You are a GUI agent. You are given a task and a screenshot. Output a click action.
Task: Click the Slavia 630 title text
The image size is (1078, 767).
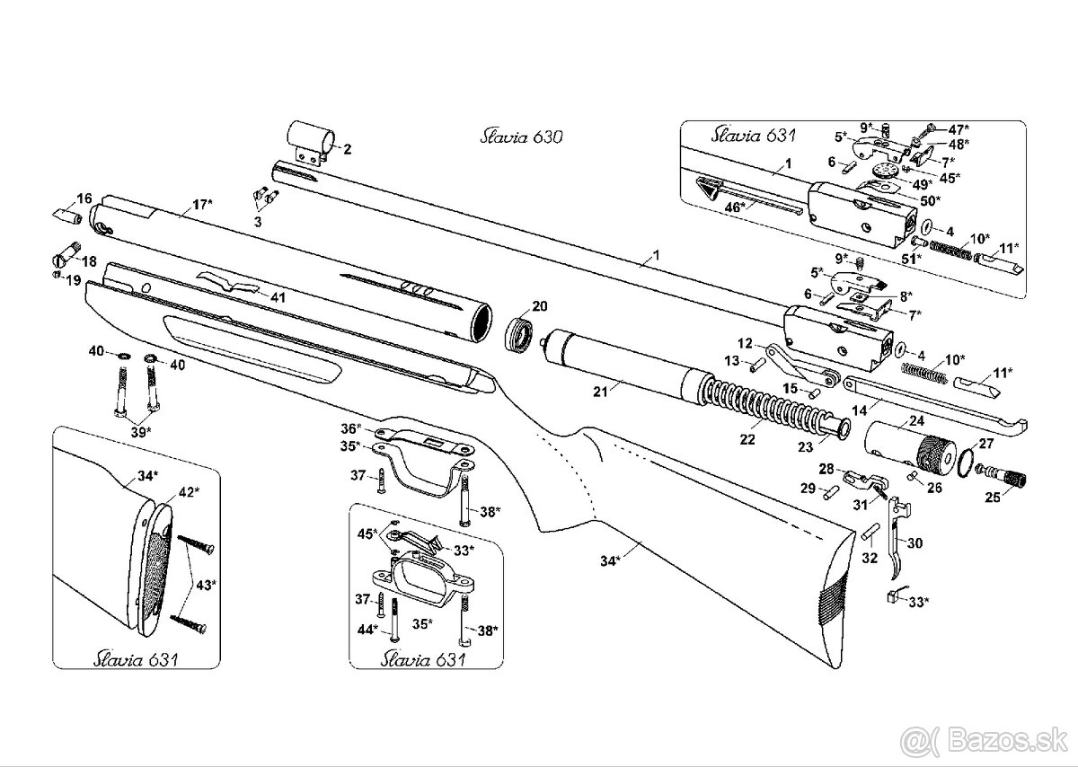coord(521,137)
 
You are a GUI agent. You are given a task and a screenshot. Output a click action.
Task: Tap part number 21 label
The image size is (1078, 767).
coord(600,392)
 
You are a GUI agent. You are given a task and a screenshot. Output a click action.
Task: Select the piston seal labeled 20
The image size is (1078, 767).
coord(519,333)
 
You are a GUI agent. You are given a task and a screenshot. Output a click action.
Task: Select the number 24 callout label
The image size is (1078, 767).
coord(916,421)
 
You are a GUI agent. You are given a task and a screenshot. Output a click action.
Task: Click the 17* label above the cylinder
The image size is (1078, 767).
coord(202,205)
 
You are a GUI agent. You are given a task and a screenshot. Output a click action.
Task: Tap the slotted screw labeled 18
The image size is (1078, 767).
coord(65,256)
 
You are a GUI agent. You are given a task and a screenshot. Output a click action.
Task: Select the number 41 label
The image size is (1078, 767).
coord(278,298)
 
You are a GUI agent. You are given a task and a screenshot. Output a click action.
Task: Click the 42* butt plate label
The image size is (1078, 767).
coord(190,492)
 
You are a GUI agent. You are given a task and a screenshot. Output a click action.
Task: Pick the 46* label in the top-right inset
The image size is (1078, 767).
coord(735,207)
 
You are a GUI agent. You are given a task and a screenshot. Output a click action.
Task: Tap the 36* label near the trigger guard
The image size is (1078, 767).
coord(351,428)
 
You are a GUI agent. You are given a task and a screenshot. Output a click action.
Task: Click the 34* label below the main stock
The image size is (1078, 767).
coord(611,560)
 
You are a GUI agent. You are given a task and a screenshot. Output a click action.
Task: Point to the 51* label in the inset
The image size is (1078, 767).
coord(912,259)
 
